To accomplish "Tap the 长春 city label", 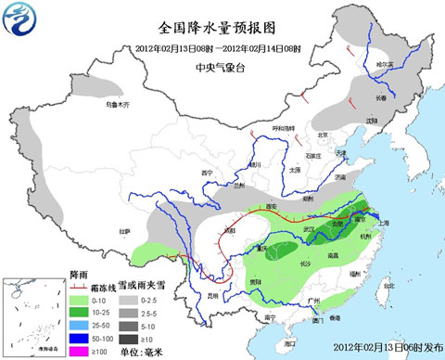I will coord(381,96).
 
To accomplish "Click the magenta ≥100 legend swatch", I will coord(81,352).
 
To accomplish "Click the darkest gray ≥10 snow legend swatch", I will coord(130,340).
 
